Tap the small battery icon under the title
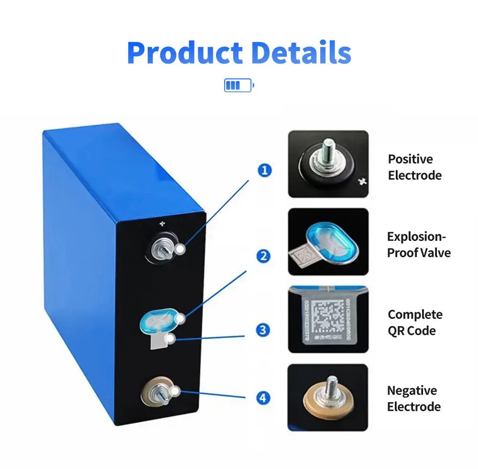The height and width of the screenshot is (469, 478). [239, 86]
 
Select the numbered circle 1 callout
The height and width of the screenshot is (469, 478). [264, 170]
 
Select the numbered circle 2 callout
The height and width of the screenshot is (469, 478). [263, 256]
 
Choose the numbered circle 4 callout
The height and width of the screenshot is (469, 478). [263, 398]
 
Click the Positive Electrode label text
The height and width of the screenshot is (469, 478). [414, 167]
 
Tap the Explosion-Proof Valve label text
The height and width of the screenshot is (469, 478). [418, 244]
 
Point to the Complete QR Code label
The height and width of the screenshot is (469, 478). [414, 322]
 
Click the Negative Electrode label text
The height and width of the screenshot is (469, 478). [413, 398]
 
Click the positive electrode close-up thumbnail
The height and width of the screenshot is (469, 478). [328, 164]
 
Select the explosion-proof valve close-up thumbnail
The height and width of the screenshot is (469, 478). [328, 241]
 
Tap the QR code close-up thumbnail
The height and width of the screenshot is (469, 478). [328, 319]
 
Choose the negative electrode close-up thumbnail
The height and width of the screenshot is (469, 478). [328, 397]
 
